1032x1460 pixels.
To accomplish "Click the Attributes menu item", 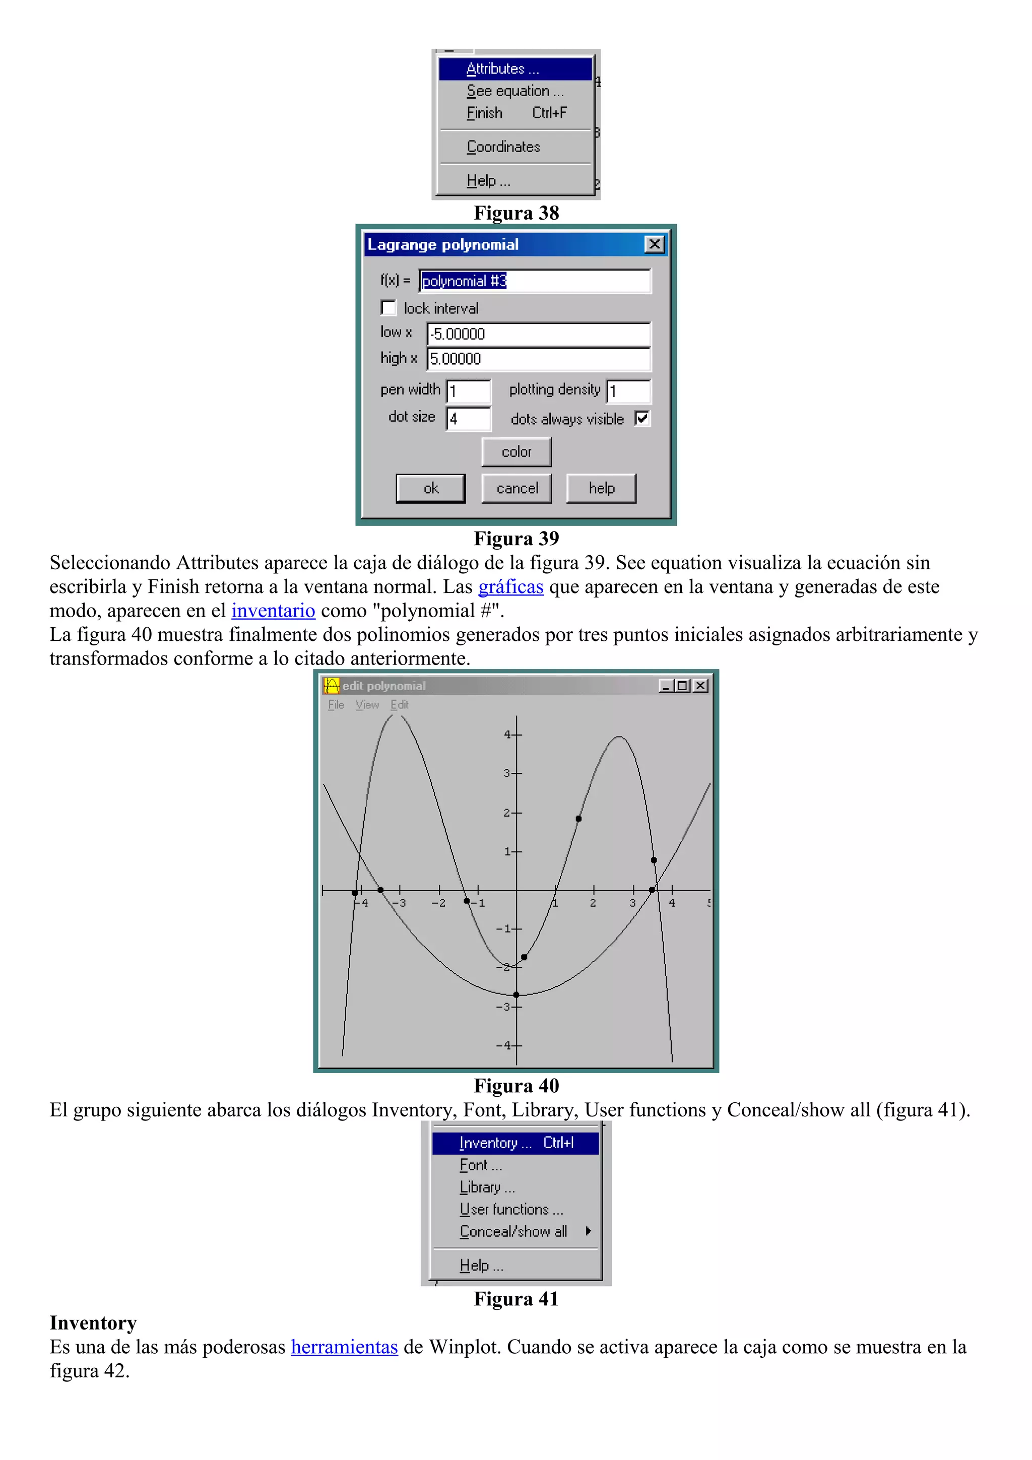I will point(502,69).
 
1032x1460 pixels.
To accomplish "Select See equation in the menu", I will point(514,91).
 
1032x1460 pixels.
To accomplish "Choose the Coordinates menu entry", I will point(503,147).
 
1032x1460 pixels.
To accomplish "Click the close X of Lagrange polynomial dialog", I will point(654,245).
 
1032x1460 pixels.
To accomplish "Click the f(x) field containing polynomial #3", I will point(534,281).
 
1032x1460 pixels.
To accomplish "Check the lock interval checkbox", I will point(389,308).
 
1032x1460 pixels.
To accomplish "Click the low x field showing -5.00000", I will point(538,335).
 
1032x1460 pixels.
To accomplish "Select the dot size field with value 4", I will point(468,419).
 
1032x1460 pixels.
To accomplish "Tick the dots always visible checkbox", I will point(642,419).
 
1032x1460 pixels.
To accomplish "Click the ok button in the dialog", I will point(430,488).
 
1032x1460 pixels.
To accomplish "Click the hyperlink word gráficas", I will point(510,587).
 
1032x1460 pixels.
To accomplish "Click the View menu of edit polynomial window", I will point(367,705).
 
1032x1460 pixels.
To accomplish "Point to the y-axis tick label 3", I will point(507,773).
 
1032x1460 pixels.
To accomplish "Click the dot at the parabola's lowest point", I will point(517,995).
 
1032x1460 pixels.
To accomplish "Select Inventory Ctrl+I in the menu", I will point(515,1143).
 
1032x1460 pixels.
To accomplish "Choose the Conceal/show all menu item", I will point(513,1232).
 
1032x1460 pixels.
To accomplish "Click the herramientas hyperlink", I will point(344,1347).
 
